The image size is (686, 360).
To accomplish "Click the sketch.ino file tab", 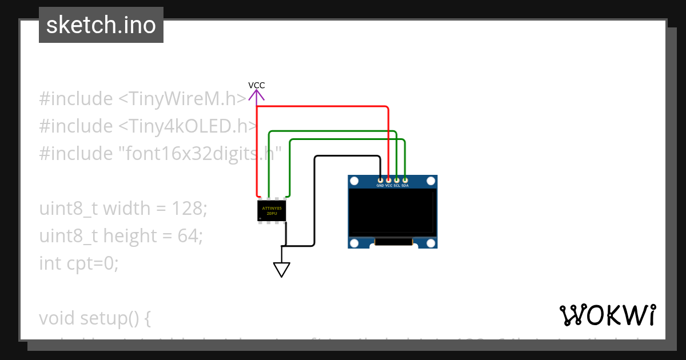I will click(101, 25).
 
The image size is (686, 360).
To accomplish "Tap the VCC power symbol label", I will click(257, 85).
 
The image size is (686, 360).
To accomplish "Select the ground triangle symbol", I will click(281, 269).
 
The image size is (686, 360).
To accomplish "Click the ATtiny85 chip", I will click(272, 211).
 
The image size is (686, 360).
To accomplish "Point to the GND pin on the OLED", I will click(380, 181).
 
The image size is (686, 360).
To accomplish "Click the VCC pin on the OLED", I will click(389, 181).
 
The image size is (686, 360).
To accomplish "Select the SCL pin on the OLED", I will click(397, 181).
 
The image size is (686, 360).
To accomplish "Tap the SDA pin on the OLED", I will click(405, 181).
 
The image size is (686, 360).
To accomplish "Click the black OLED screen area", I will click(393, 212).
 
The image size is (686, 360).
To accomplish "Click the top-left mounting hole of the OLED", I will click(354, 181).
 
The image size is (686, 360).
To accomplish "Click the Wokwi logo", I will click(607, 315).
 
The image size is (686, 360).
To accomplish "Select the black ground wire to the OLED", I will click(314, 200).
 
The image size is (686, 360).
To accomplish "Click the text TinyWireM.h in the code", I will click(184, 99).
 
